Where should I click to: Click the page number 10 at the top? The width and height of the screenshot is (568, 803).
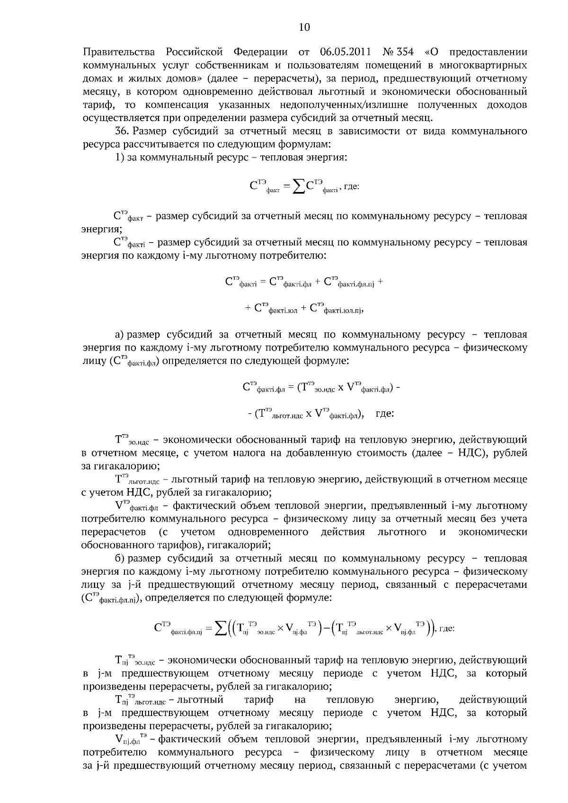[304, 27]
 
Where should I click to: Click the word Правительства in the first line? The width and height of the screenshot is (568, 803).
[119, 52]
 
